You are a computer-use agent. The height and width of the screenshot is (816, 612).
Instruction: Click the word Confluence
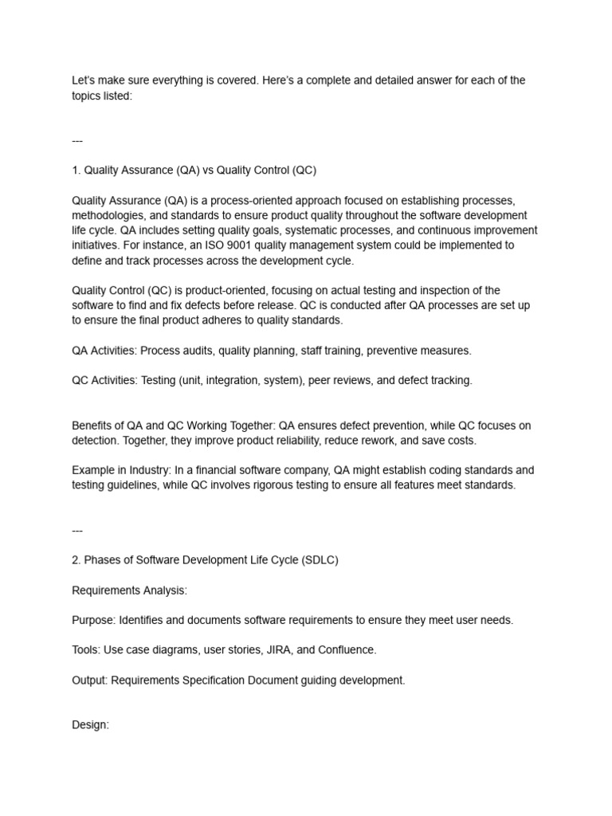(347, 650)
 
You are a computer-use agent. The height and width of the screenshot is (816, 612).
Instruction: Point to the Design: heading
(90, 726)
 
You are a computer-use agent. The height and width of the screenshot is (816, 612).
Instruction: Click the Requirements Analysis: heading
(129, 590)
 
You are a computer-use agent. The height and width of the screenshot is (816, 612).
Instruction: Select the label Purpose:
(93, 620)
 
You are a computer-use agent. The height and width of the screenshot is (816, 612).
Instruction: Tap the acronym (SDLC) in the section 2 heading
(320, 560)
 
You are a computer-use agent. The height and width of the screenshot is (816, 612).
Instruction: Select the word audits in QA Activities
(197, 351)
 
